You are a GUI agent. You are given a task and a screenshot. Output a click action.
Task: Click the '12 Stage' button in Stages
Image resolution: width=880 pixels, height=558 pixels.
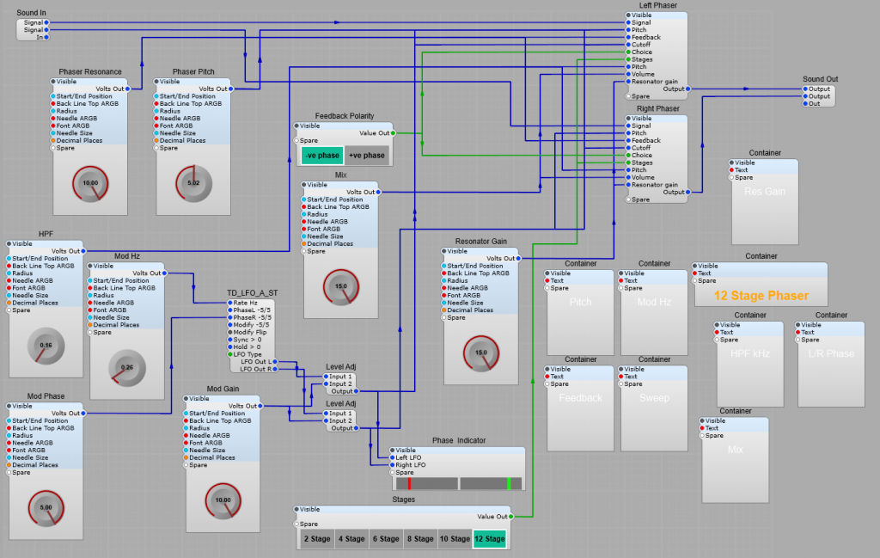489,539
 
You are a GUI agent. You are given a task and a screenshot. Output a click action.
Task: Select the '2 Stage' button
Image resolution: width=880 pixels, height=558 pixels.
316,539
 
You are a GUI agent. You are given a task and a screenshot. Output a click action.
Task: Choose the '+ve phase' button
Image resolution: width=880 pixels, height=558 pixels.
367,156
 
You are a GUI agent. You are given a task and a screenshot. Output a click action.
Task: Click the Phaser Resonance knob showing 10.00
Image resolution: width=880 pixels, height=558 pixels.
89,183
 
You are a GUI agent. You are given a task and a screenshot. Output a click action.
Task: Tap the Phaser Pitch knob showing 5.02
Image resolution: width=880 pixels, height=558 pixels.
192,183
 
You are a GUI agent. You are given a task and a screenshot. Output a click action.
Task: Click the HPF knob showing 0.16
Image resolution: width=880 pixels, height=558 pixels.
46,346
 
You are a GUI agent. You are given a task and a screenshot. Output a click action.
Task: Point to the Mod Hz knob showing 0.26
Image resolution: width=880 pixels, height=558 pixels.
126,367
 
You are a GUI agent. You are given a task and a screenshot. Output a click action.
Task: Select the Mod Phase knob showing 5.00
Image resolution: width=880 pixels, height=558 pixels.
46,507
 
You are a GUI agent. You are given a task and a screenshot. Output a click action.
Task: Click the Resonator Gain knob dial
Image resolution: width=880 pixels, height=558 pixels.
481,353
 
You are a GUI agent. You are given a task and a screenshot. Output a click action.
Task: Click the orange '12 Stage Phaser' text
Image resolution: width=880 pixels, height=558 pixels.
761,296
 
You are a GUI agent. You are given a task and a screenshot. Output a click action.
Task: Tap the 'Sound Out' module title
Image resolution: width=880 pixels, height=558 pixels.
820,79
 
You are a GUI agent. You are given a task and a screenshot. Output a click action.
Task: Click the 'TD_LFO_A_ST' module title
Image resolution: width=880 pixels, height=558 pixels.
252,292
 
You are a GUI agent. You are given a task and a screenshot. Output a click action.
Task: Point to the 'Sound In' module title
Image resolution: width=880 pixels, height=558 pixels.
32,13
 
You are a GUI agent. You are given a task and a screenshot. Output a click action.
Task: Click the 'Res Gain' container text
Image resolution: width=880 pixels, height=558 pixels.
764,192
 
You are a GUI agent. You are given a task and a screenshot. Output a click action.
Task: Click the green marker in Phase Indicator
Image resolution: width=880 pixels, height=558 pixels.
509,483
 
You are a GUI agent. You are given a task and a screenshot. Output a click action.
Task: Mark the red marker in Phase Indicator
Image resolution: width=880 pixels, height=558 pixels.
410,483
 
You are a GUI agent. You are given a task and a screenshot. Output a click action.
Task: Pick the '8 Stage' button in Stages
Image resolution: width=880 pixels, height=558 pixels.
420,539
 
